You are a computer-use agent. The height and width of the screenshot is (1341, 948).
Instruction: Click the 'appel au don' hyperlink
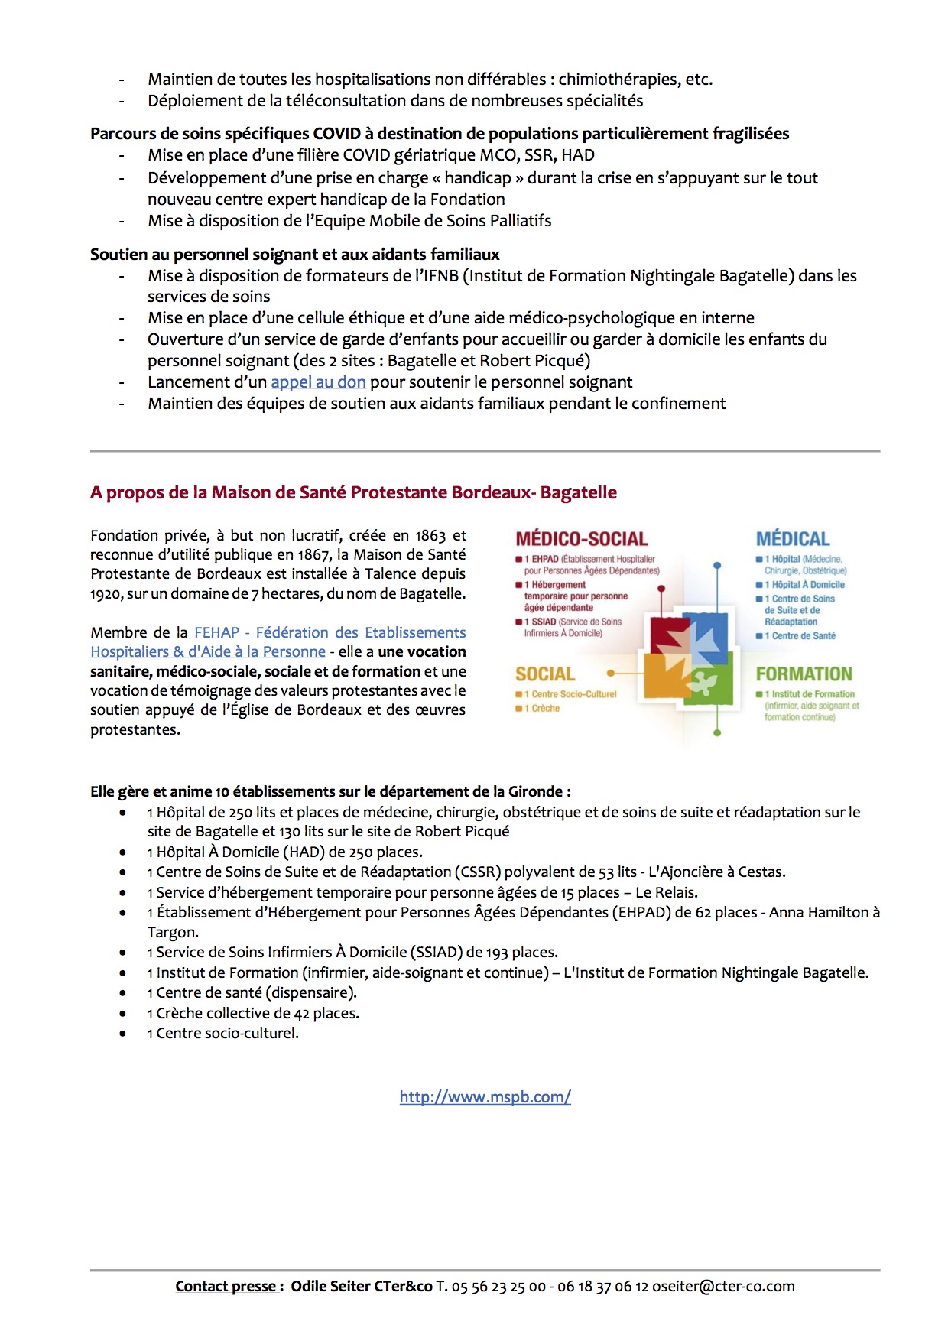pos(318,382)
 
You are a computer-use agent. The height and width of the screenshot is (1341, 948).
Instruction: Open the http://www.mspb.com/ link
pos(485,1097)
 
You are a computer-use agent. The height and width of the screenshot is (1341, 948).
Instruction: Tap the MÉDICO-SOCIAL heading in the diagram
pos(581,539)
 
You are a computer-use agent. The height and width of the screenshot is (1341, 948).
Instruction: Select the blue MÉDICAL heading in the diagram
pos(792,539)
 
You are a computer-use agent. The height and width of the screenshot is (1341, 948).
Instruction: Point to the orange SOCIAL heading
pos(544,674)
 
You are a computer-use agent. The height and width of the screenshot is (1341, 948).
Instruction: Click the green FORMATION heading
pos(804,674)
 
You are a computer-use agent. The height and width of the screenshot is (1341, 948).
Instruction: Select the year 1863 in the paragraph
pos(430,536)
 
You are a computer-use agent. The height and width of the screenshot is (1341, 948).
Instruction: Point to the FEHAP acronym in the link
pos(216,632)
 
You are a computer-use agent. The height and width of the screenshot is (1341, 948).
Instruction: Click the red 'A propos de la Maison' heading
pos(353,493)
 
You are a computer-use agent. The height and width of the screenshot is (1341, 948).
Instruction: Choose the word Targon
pos(172,933)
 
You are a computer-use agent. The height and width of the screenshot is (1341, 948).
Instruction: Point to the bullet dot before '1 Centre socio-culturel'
pos(122,1034)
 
